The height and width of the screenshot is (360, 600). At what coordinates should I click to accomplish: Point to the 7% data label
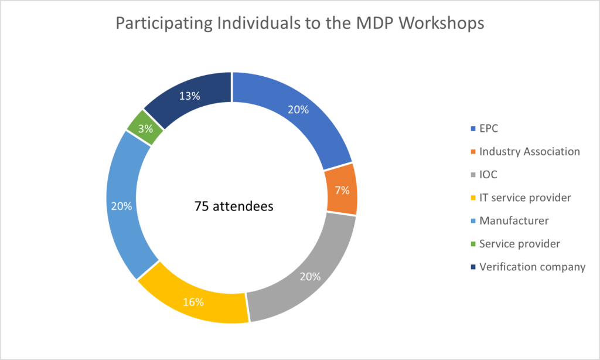click(x=342, y=190)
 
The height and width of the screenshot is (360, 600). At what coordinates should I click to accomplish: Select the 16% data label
click(x=193, y=303)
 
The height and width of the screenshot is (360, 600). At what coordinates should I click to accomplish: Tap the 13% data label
click(x=190, y=96)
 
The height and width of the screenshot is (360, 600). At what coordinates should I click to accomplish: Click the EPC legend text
click(x=489, y=128)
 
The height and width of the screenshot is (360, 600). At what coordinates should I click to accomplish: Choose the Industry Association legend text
click(x=529, y=151)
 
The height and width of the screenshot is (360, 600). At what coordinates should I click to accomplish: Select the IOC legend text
click(x=489, y=175)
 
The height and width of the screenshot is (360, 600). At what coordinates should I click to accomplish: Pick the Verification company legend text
click(x=532, y=267)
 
